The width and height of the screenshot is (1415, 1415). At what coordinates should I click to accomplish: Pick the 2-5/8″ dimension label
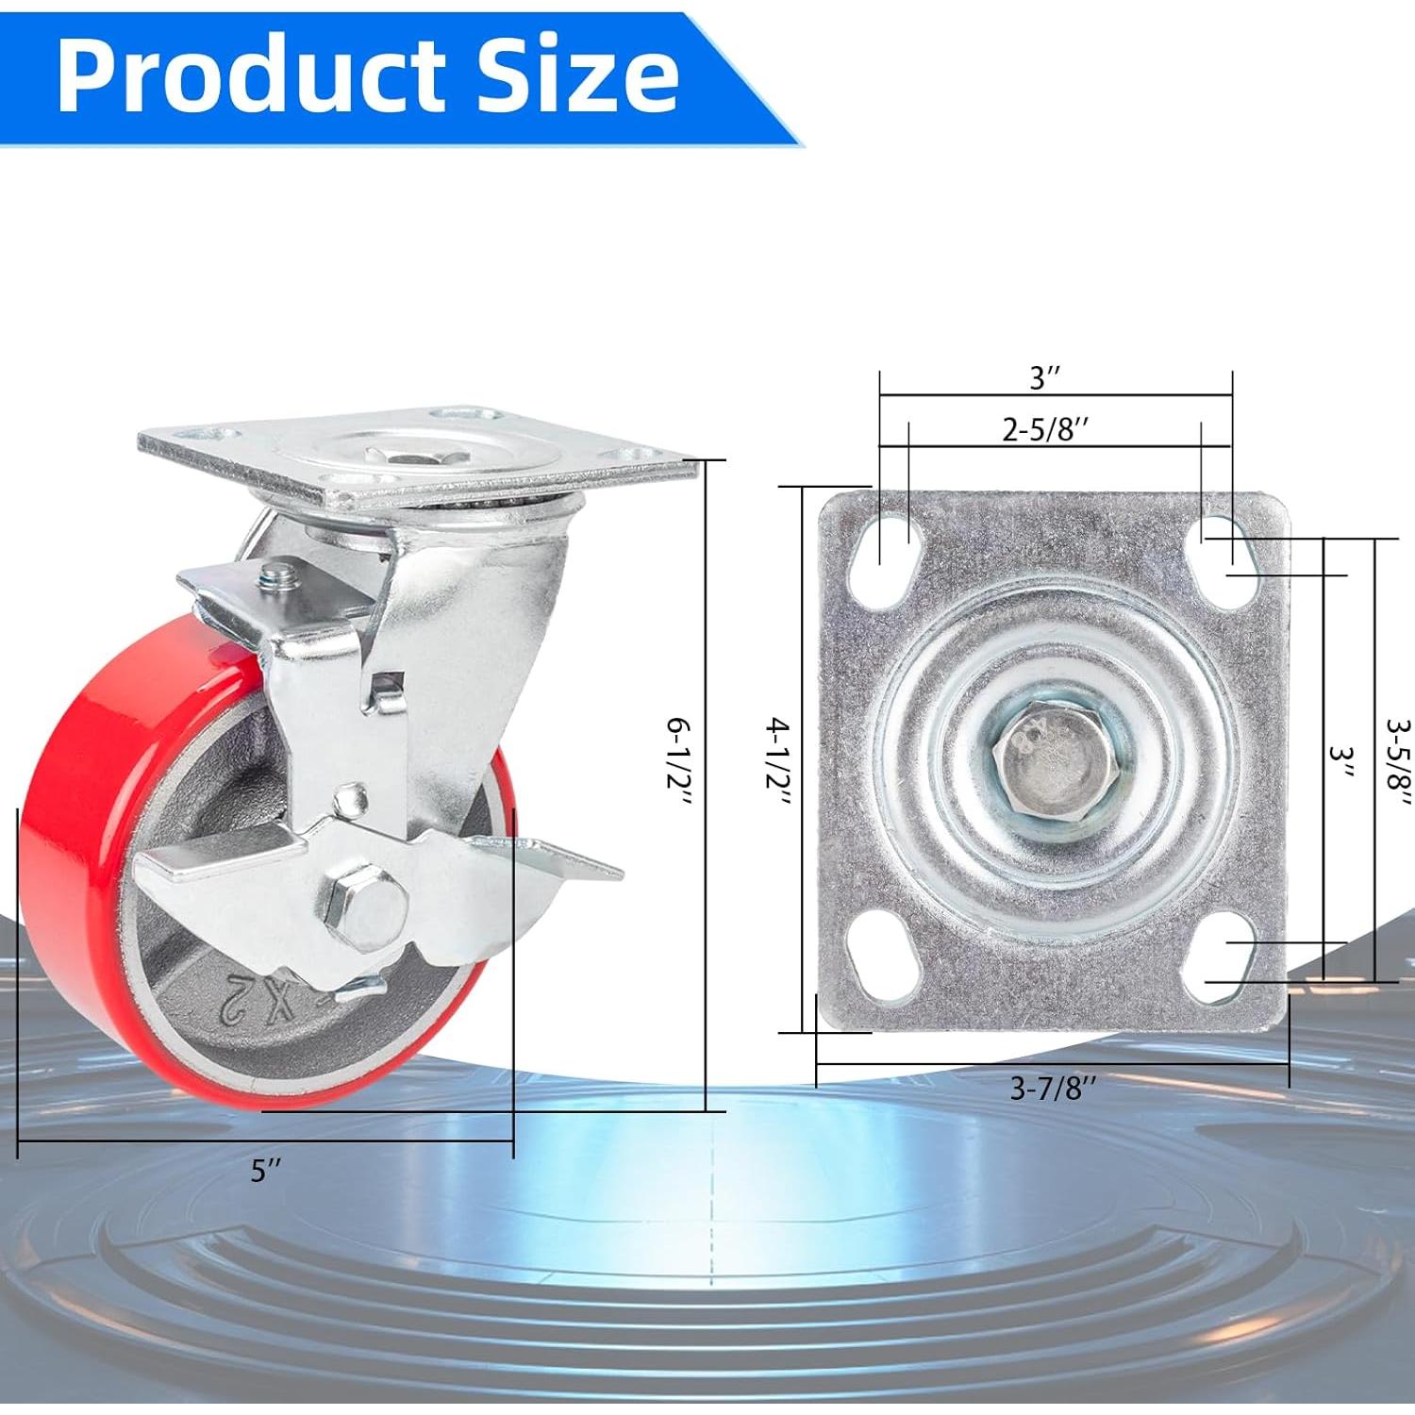(1046, 430)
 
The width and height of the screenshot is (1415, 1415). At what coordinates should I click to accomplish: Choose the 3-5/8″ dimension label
(1399, 761)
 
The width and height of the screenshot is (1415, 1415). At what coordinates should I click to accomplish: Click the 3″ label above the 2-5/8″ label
(1045, 379)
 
